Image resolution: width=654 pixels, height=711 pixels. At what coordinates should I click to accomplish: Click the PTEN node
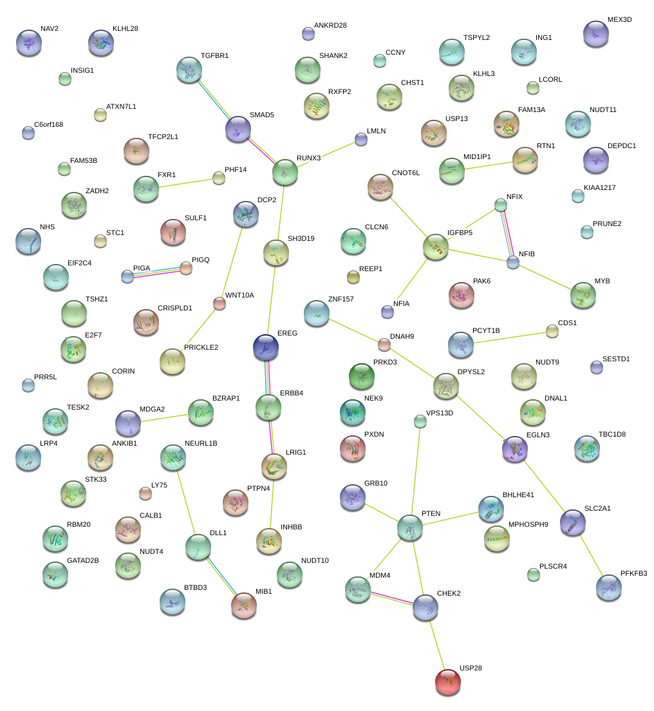click(410, 527)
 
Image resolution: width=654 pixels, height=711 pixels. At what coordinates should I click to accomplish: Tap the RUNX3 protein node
click(285, 172)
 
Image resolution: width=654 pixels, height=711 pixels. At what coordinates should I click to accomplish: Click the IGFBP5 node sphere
click(436, 247)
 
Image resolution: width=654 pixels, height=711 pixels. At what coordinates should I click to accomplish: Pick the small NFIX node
click(501, 205)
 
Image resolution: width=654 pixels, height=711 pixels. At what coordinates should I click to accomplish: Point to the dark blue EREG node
click(266, 347)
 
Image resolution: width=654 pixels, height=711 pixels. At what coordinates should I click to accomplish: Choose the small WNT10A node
click(220, 304)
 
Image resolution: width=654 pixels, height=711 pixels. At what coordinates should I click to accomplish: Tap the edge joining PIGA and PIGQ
click(157, 272)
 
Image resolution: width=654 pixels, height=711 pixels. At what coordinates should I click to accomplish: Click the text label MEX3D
click(619, 19)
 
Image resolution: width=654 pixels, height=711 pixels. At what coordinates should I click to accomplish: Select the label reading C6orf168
click(48, 124)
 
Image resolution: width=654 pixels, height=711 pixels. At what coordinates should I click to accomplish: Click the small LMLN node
click(360, 139)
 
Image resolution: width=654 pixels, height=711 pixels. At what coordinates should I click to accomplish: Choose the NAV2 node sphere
click(28, 43)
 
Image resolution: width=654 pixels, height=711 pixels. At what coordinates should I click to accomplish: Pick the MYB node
click(583, 295)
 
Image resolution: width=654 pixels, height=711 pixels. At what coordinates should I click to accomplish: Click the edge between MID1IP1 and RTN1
click(487, 166)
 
